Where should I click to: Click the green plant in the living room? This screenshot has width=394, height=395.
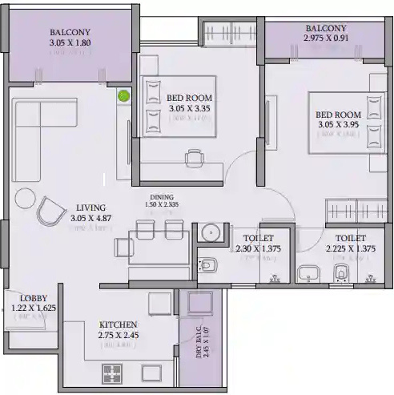coord(123,96)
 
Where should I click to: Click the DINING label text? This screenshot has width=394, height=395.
coord(163,195)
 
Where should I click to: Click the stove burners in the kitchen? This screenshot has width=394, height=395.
coord(111,373)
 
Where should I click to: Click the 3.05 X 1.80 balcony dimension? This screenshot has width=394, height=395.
coord(70,43)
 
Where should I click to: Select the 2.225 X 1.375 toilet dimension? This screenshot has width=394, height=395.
coord(351,249)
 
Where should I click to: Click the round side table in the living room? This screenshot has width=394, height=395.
coord(26,197)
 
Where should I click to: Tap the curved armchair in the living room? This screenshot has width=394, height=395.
coord(54,212)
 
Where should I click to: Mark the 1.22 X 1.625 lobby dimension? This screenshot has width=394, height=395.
coord(32,306)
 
